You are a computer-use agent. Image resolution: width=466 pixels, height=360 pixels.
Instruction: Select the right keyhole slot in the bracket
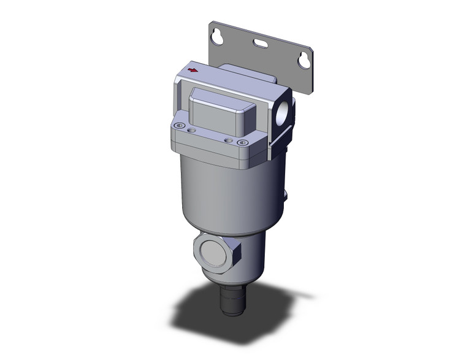[302, 60]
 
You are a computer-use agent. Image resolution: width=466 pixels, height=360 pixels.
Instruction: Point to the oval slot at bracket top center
[259, 44]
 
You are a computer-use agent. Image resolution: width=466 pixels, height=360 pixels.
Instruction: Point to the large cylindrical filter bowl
[227, 190]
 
